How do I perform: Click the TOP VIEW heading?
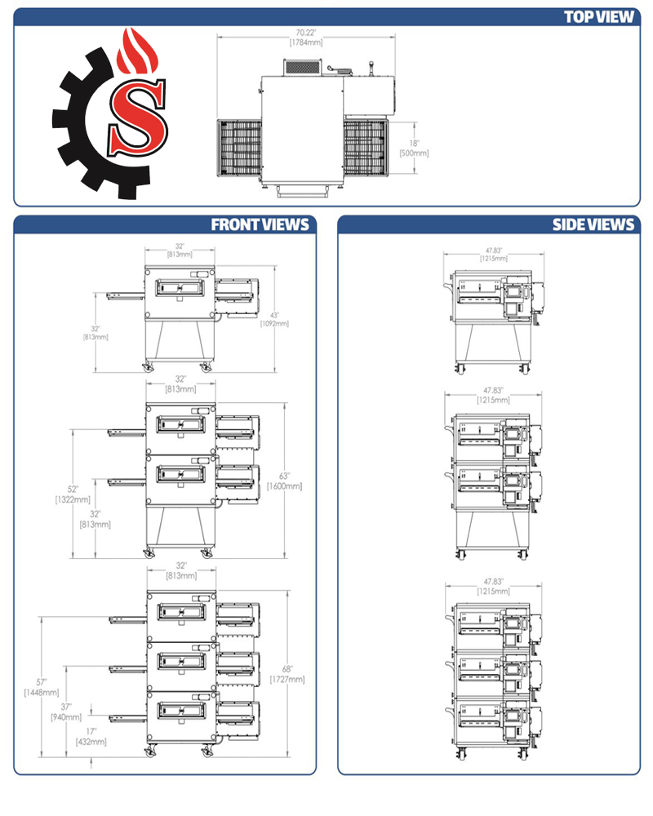tap(598, 17)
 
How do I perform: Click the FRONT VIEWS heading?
tap(260, 224)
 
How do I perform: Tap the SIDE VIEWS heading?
tap(593, 224)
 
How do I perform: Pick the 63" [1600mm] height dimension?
tap(284, 481)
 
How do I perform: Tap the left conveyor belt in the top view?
tap(238, 146)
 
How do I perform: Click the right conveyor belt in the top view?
tap(365, 146)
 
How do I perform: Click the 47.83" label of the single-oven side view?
tap(492, 254)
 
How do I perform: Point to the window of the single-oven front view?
tap(181, 287)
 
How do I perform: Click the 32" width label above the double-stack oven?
tap(181, 384)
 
